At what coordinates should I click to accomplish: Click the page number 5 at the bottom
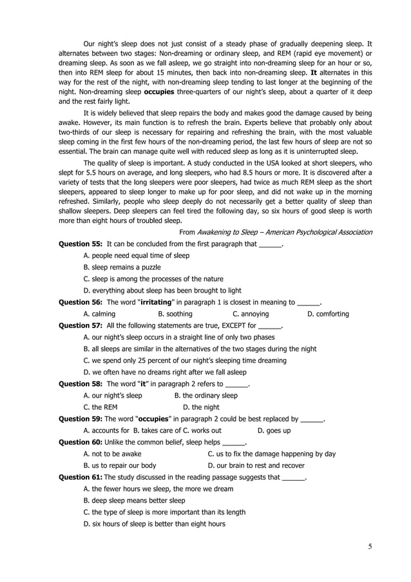(x=370, y=547)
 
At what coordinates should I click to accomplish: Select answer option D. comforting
(x=328, y=314)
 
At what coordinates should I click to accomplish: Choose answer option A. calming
(x=100, y=314)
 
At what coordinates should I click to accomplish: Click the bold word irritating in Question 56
(x=158, y=302)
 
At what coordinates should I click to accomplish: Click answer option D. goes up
(x=274, y=431)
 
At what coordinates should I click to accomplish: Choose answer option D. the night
(x=201, y=407)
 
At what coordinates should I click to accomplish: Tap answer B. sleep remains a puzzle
(x=122, y=267)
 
